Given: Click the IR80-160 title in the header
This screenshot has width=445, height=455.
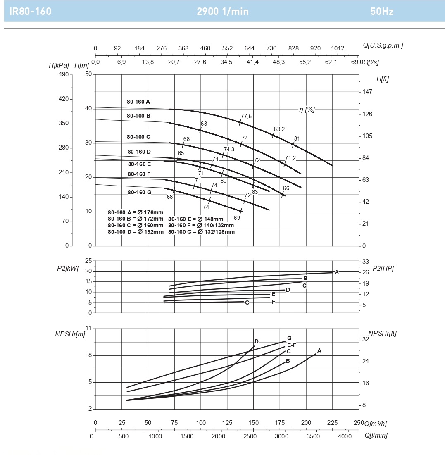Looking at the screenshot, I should pyautogui.click(x=30, y=11).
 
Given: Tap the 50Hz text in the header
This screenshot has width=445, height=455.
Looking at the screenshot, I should pyautogui.click(x=382, y=11).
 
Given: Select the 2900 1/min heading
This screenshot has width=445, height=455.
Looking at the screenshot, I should pyautogui.click(x=223, y=11).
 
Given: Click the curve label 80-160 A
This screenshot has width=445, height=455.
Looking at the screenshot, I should pyautogui.click(x=138, y=101).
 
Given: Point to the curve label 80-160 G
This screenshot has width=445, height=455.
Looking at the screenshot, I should pyautogui.click(x=140, y=192).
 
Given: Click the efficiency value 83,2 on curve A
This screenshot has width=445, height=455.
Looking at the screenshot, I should pyautogui.click(x=279, y=129).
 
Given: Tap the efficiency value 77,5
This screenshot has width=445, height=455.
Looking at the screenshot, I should pyautogui.click(x=246, y=117).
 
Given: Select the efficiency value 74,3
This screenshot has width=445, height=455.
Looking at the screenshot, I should pyautogui.click(x=229, y=149).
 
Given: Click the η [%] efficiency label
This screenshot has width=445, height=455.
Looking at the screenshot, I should pyautogui.click(x=307, y=109).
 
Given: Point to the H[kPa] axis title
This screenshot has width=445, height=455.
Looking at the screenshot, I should pyautogui.click(x=59, y=65).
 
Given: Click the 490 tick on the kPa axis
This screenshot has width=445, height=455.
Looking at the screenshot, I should pyautogui.click(x=63, y=74).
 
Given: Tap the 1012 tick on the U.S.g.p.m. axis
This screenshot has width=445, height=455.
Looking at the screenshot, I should pyautogui.click(x=337, y=48).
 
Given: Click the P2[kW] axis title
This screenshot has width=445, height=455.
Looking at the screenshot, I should pyautogui.click(x=68, y=268).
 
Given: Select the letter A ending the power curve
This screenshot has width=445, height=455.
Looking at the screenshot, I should pyautogui.click(x=337, y=272).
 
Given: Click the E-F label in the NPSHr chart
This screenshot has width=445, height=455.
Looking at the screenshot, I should pyautogui.click(x=292, y=345).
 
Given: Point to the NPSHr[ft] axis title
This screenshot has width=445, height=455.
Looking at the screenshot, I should pyautogui.click(x=382, y=333).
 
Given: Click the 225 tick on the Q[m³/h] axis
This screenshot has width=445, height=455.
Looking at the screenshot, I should pyautogui.click(x=332, y=423).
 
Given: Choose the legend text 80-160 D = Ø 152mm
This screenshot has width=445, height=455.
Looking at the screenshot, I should pyautogui.click(x=136, y=232).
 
